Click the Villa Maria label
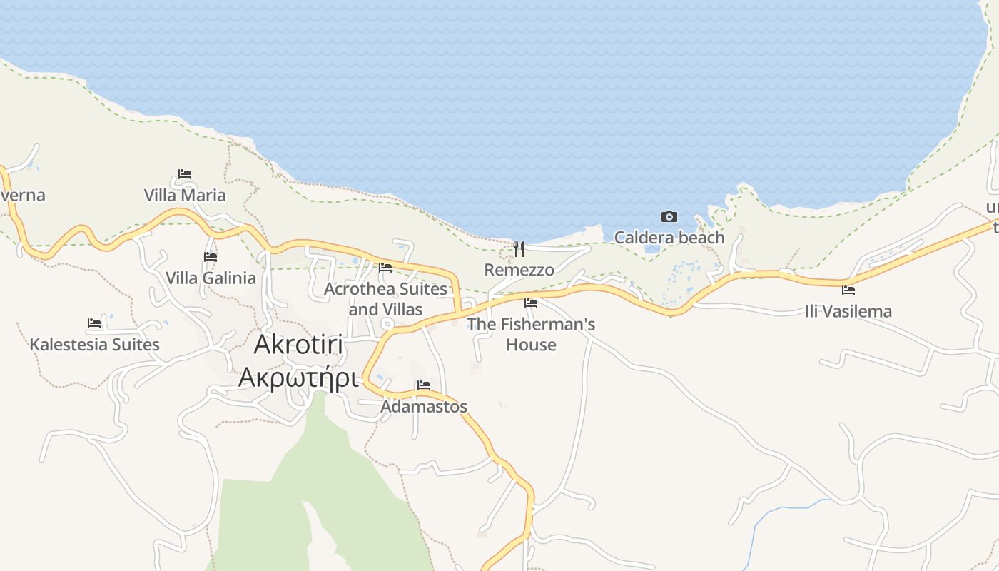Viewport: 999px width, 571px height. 184,195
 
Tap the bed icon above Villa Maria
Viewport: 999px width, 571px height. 185,173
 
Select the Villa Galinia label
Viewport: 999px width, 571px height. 211,278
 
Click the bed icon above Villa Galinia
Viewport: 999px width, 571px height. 211,256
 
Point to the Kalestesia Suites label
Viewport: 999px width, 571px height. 94,345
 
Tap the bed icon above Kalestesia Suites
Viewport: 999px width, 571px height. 94,323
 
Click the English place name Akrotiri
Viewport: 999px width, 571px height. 299,345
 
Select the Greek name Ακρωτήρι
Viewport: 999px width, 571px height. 298,377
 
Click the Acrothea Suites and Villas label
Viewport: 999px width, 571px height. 385,299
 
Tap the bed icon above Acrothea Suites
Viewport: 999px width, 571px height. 385,268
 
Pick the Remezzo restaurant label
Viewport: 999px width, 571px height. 519,270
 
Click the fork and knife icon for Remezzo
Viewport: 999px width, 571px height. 519,248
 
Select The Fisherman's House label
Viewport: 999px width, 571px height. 531,334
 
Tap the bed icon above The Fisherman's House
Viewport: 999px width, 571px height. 531,303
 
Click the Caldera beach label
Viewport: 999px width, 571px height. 669,237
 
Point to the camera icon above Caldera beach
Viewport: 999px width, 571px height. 669,216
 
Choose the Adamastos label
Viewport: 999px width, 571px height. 424,406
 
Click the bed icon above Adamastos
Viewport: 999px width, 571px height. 424,385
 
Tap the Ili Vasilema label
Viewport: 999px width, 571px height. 848,311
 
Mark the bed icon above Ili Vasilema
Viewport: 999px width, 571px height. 848,290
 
